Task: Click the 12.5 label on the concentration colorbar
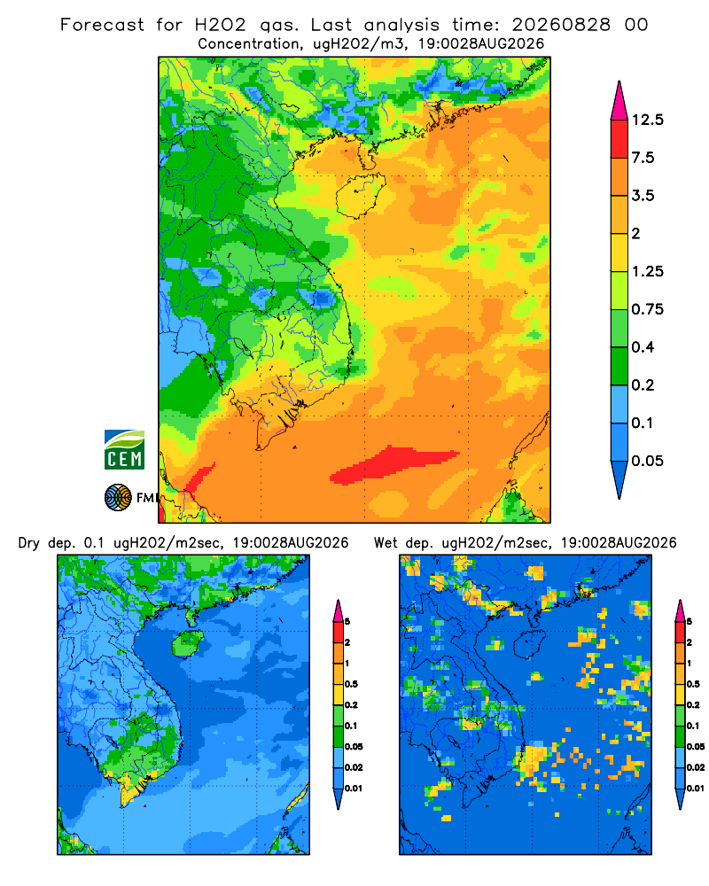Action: coord(647,120)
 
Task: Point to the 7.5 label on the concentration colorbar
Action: coord(643,158)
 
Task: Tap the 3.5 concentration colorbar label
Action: coord(643,196)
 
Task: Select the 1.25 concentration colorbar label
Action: coord(647,271)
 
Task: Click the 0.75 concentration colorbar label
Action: coord(647,309)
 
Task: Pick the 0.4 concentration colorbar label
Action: coord(643,347)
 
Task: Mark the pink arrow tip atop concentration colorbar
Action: coord(619,82)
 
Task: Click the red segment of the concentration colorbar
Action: coord(619,139)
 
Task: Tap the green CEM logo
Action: coord(124,450)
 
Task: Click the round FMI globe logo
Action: coord(118,497)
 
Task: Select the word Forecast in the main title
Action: coord(102,25)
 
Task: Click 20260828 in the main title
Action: coord(561,25)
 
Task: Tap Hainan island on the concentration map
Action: coord(360,195)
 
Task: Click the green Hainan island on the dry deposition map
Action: coord(187,643)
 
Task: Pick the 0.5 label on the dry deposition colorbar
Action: coord(351,684)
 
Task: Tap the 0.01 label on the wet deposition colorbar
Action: coord(696,789)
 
